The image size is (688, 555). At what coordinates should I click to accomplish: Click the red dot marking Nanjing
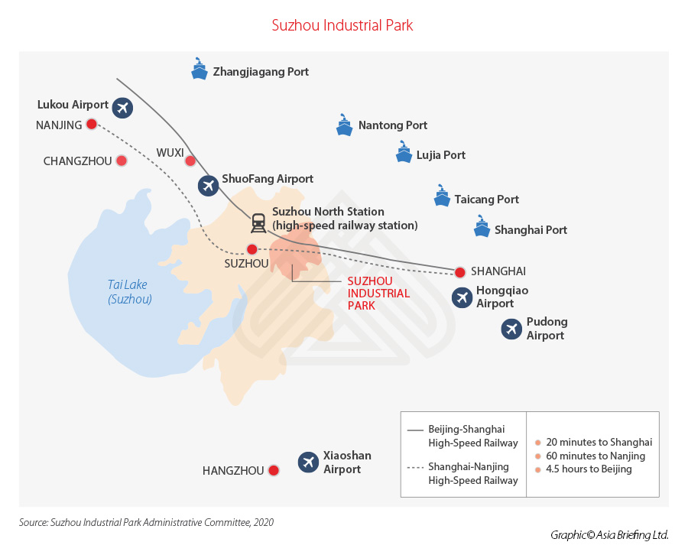click(92, 124)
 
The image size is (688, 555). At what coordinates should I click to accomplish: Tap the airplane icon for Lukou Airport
click(122, 108)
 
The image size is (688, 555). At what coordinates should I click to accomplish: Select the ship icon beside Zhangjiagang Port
click(200, 70)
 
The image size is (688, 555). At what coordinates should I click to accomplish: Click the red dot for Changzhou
click(121, 161)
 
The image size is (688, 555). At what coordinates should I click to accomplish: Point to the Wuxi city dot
click(190, 161)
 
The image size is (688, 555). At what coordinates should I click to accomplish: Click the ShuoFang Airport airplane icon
click(207, 185)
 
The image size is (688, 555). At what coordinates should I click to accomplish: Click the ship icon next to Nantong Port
click(344, 125)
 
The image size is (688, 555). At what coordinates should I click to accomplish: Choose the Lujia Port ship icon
click(404, 153)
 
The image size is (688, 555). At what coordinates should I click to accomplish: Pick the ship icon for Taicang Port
click(442, 196)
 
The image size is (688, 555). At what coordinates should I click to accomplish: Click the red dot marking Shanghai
click(459, 272)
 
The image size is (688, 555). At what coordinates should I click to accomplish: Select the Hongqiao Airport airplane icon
click(462, 297)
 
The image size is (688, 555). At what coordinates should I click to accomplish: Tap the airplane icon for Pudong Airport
click(511, 329)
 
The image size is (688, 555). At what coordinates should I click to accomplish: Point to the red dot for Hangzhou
click(273, 471)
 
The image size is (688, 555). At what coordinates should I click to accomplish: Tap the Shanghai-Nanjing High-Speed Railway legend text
click(473, 473)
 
